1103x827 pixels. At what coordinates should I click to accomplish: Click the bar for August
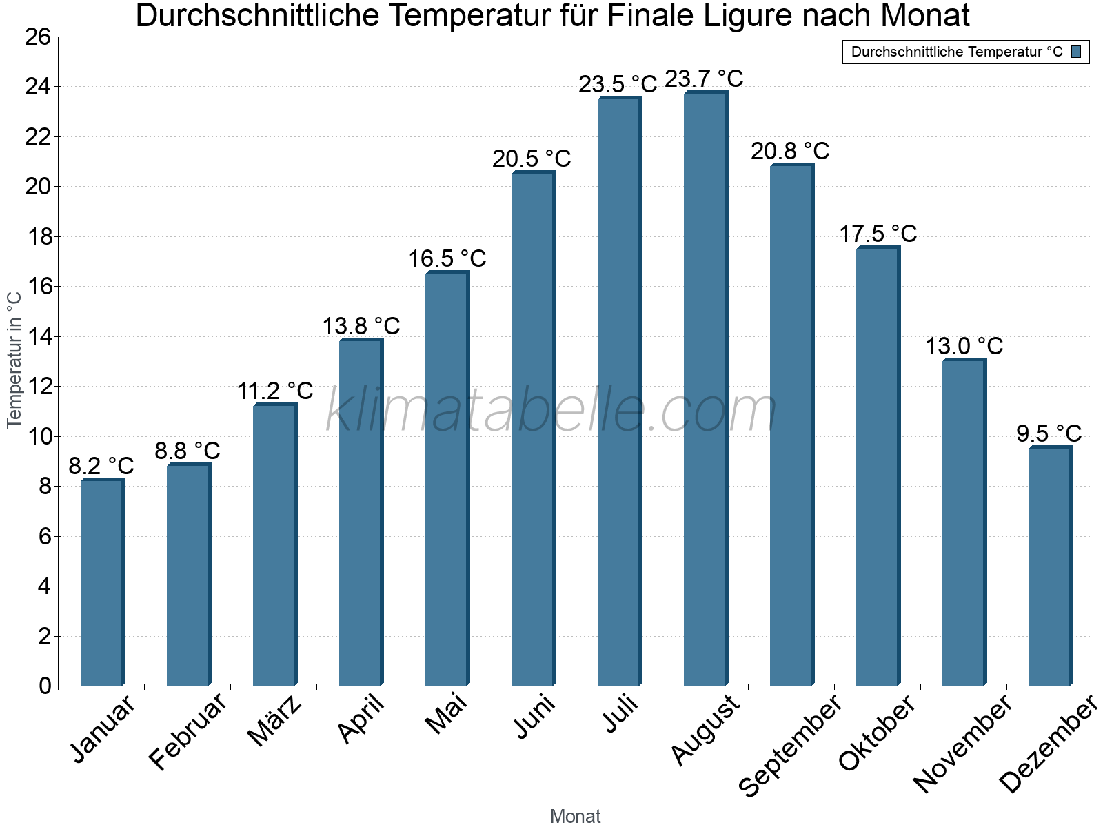pyautogui.click(x=705, y=389)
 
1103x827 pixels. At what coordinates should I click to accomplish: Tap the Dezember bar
pyautogui.click(x=1050, y=566)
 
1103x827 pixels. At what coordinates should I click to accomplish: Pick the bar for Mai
pyautogui.click(x=447, y=479)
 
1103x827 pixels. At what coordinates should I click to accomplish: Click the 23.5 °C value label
pyautogui.click(x=618, y=85)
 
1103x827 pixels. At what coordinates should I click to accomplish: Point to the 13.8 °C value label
pyautogui.click(x=361, y=326)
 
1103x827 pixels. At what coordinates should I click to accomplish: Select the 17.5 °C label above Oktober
pyautogui.click(x=878, y=234)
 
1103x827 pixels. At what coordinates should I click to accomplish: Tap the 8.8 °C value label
pyautogui.click(x=187, y=451)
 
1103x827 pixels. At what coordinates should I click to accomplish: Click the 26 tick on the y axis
pyautogui.click(x=38, y=37)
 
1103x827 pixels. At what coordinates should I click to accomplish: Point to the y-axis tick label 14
pyautogui.click(x=38, y=337)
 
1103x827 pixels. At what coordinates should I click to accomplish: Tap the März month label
pyautogui.click(x=274, y=721)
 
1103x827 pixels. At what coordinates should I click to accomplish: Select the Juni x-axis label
pyautogui.click(x=534, y=717)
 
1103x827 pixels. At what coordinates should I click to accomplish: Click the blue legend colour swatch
pyautogui.click(x=1076, y=52)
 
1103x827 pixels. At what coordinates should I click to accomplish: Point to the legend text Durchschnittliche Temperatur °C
pyautogui.click(x=957, y=52)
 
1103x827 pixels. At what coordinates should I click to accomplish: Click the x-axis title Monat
pyautogui.click(x=575, y=816)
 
